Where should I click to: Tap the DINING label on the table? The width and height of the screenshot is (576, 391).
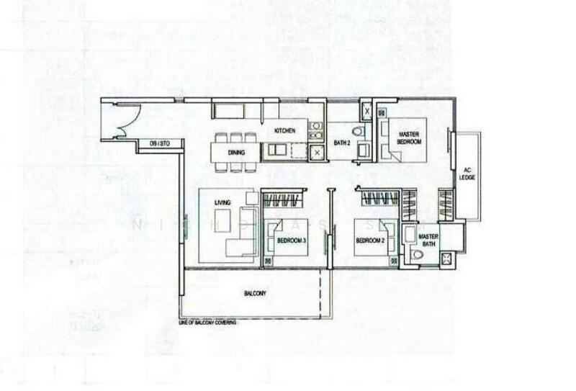[236, 153]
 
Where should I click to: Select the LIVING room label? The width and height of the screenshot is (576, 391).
[222, 204]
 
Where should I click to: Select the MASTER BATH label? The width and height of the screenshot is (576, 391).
[429, 240]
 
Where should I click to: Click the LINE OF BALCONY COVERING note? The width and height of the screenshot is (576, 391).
[207, 322]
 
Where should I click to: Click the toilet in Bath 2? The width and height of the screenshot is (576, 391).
[360, 131]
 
